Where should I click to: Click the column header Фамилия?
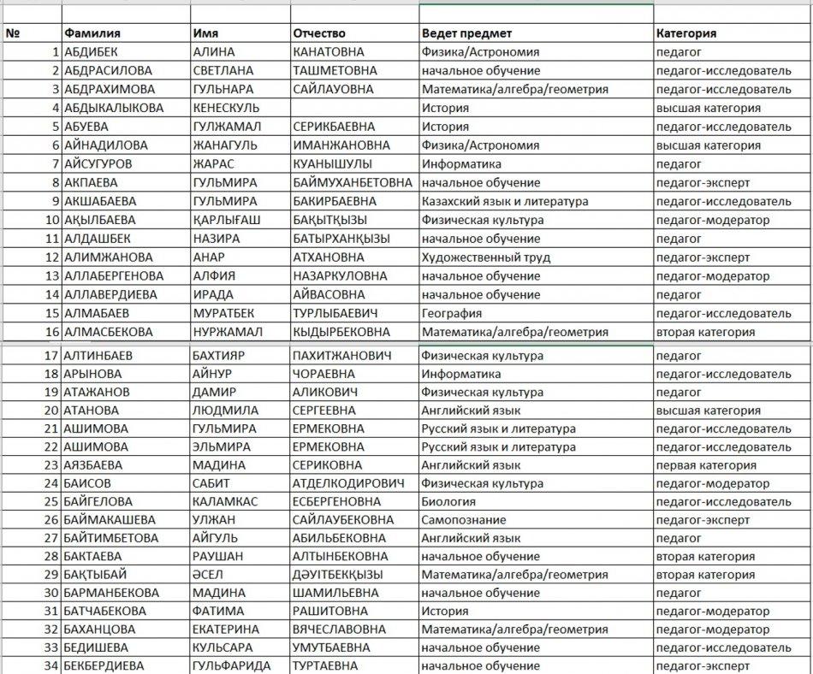(x=92, y=33)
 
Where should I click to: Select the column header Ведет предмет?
(x=466, y=33)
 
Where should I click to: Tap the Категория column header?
(x=686, y=33)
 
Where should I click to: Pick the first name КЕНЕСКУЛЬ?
(x=226, y=108)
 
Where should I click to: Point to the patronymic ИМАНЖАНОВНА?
(x=341, y=145)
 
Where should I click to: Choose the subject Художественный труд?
(x=486, y=257)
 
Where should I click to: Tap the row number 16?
(x=51, y=332)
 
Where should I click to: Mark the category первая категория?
(x=706, y=465)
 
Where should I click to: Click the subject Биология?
(x=448, y=502)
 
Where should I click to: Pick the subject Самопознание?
(x=464, y=520)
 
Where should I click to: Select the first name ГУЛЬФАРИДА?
(x=231, y=666)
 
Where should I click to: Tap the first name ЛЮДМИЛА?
(x=224, y=411)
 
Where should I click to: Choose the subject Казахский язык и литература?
(x=505, y=202)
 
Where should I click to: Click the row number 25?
(x=51, y=502)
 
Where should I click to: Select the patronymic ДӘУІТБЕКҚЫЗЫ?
(x=337, y=575)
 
